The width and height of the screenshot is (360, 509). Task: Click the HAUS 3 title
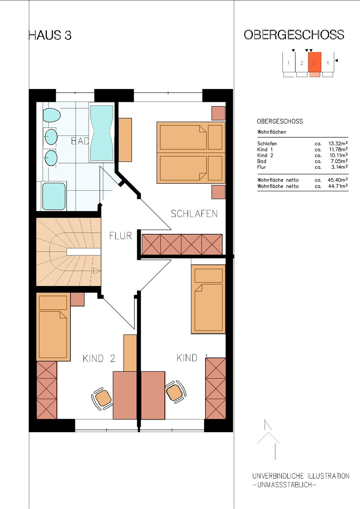[x=50, y=35]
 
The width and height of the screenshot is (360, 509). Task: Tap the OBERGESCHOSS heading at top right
[x=294, y=35]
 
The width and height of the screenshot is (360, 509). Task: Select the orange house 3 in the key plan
[x=314, y=62]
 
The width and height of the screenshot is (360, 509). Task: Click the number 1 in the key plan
[x=288, y=63]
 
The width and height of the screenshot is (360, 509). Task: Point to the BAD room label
[x=80, y=141]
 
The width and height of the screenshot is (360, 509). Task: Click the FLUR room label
[x=121, y=236]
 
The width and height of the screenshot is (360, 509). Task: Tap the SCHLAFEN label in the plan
[x=194, y=214]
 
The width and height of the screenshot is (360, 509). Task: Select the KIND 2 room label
[x=99, y=359]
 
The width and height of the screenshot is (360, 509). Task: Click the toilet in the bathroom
[x=52, y=115]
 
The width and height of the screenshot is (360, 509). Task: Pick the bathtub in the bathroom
[x=102, y=133]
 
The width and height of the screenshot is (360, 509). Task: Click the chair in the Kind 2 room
[x=102, y=399]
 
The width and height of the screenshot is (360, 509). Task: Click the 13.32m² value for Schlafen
[x=338, y=143]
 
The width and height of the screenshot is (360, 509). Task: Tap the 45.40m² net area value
[x=338, y=180]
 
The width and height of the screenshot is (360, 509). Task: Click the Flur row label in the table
[x=262, y=167]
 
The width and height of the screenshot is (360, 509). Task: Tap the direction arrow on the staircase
[x=96, y=271]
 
